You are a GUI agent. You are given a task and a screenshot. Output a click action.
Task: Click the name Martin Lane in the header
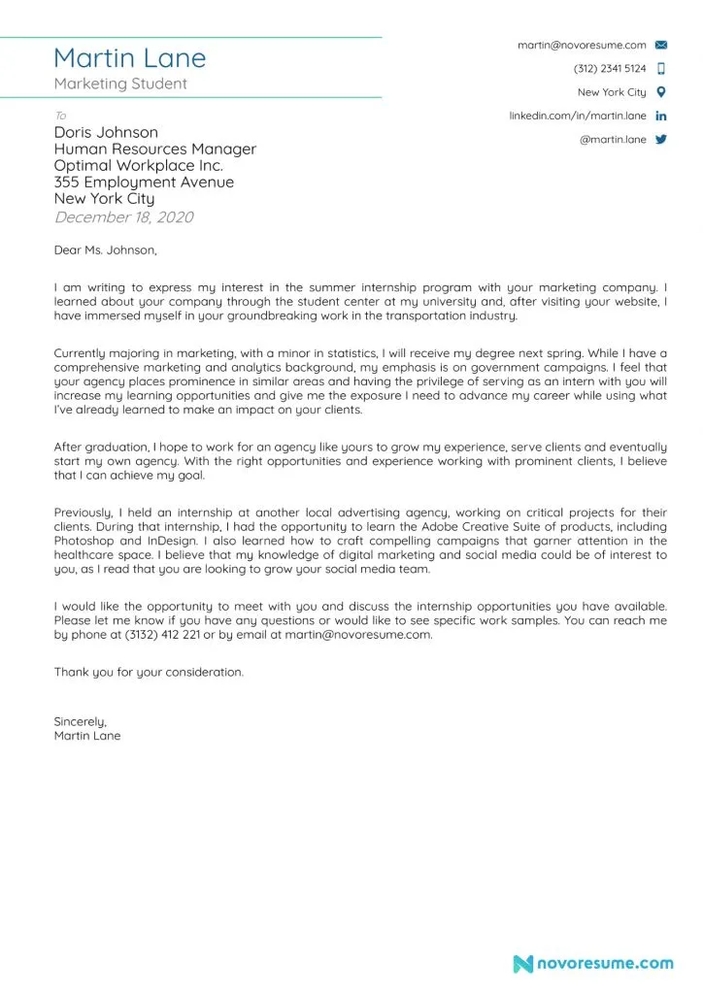130,57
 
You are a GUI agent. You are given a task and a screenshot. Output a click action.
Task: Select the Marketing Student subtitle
120,83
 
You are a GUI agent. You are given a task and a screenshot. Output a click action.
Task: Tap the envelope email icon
661,45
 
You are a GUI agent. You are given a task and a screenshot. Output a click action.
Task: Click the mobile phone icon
661,69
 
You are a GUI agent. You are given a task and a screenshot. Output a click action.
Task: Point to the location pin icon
661,92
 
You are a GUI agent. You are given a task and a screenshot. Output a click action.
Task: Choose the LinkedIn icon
661,116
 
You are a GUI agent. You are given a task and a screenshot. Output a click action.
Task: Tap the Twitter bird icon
661,139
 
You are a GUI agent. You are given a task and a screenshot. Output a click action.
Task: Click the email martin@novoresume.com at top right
582,45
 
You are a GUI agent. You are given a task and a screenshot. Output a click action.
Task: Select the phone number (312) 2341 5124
610,69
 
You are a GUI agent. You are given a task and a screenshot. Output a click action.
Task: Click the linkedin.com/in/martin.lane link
578,116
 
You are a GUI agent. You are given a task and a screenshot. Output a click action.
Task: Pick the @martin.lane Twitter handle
613,139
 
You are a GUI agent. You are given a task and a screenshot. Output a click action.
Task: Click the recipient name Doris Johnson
106,132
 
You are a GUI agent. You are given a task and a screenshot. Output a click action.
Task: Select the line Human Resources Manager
155,149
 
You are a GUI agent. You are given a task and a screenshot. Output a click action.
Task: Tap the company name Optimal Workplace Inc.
138,165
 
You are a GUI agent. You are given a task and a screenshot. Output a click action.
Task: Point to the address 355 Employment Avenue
144,182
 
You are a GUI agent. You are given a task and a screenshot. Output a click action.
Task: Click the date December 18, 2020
123,216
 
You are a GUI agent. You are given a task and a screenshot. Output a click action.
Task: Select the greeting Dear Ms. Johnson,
105,250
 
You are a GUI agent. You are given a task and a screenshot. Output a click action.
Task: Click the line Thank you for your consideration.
149,672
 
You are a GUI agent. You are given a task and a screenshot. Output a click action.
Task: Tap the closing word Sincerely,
80,721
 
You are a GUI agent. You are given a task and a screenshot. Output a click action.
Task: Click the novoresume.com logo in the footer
592,964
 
